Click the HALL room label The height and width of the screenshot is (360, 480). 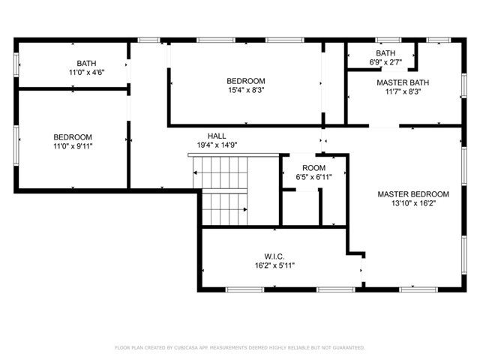coord(217,136)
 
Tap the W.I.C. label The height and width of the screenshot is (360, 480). coord(273,256)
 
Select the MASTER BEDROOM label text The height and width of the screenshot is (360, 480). coord(413,193)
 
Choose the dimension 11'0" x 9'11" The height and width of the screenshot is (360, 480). coord(73,145)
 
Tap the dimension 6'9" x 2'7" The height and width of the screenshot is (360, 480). coord(385,62)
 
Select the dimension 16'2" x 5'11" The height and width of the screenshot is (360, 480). coord(273,265)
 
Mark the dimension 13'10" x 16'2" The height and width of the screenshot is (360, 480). coord(413,202)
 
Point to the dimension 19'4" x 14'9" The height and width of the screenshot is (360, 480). coord(217,145)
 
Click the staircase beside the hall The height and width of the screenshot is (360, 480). coord(222,191)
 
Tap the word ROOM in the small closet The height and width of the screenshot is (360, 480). coord(313,167)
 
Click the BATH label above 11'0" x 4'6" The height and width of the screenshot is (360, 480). coord(86,63)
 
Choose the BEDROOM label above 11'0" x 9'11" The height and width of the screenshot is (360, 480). coord(73,136)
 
